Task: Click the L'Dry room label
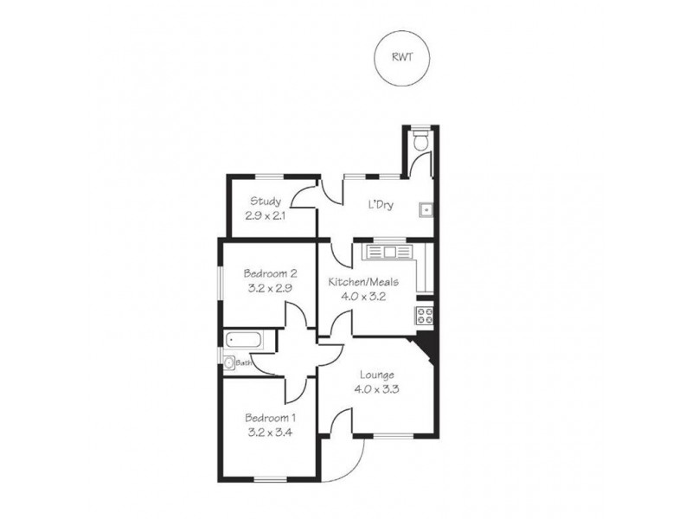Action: [381, 206]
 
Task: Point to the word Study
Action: [266, 202]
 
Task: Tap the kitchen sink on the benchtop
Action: [389, 252]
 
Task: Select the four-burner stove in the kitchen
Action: [425, 315]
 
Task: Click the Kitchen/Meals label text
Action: [363, 281]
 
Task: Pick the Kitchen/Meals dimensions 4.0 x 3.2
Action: [363, 295]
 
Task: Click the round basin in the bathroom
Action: [229, 364]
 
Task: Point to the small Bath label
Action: [244, 364]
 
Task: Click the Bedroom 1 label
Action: [268, 420]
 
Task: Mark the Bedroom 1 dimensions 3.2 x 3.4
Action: [268, 433]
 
